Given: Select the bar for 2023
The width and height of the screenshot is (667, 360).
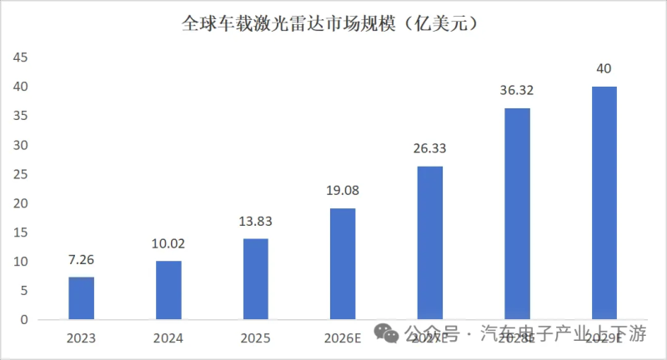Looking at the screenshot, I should tap(82, 298).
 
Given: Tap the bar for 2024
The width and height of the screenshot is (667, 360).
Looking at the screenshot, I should tap(168, 290).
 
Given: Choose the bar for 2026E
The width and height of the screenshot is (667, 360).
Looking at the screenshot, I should tap(343, 263).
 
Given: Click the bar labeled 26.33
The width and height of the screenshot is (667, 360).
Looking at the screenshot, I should tap(430, 242).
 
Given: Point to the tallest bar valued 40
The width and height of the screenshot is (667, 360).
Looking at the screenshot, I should tap(604, 202).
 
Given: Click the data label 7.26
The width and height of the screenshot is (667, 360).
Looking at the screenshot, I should tap(82, 260).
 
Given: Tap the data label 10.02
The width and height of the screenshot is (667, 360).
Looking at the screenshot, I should tap(168, 244).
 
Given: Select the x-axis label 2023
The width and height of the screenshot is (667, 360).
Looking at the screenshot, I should tap(82, 337).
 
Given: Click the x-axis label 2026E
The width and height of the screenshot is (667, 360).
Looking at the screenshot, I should tap(343, 337).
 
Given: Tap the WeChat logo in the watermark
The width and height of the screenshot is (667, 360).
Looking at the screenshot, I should tap(388, 333).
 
